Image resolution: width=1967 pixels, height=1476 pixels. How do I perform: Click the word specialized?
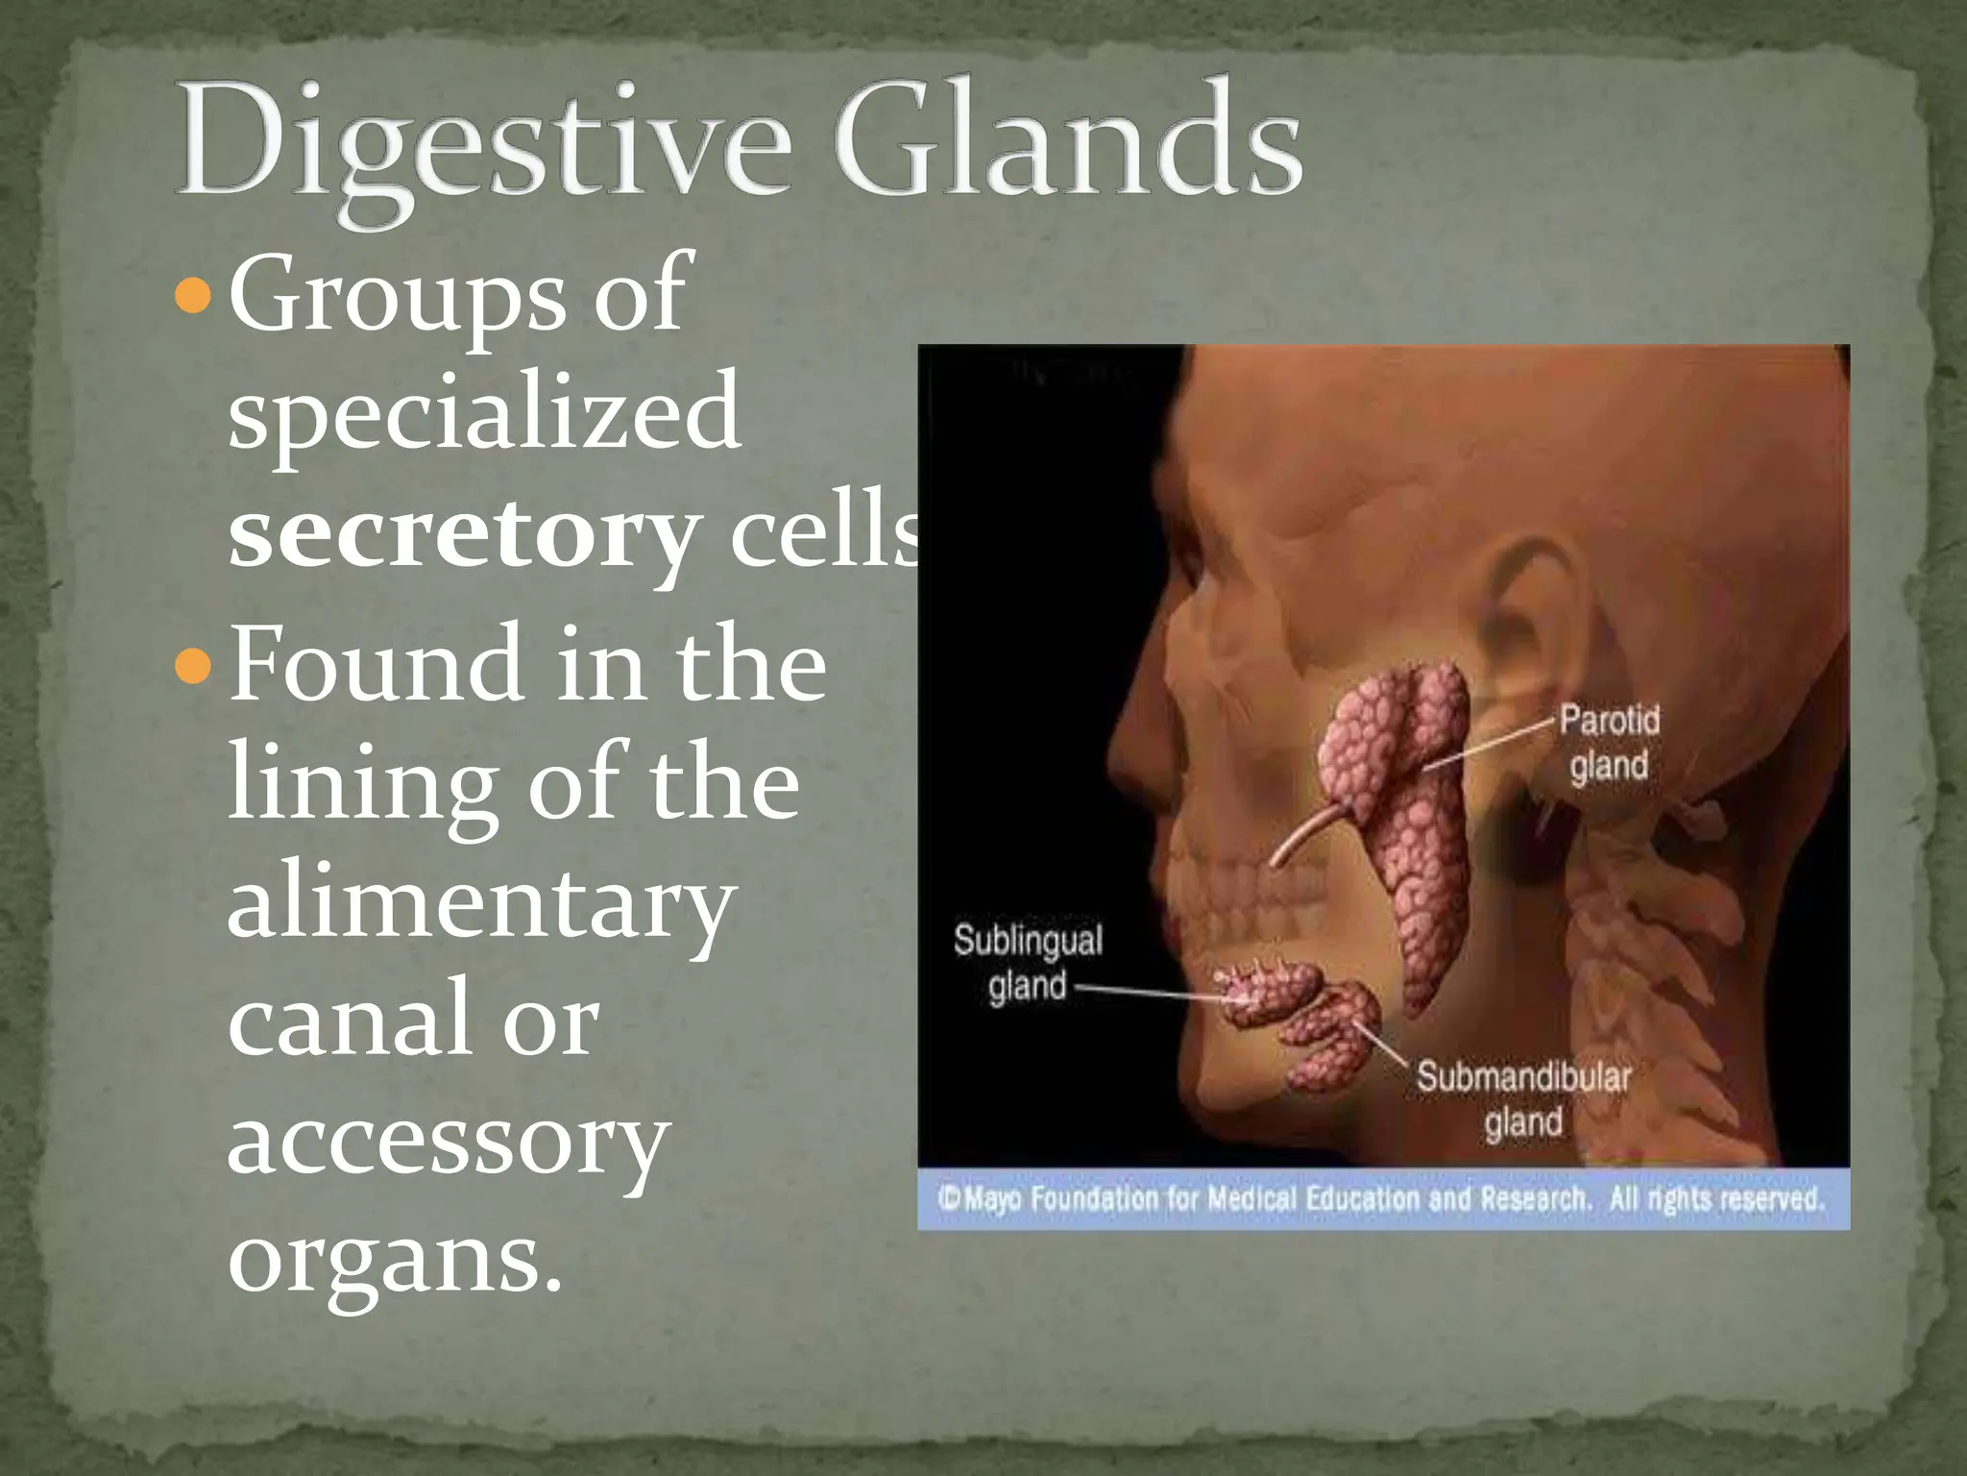[x=484, y=414]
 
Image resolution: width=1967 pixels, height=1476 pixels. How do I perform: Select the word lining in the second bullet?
[x=361, y=782]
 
